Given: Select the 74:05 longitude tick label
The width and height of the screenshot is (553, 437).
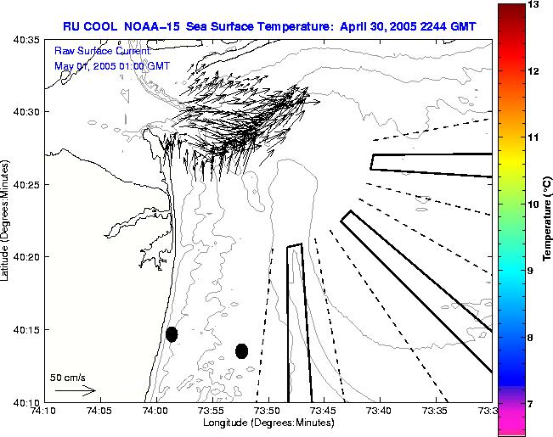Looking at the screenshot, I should [x=99, y=412].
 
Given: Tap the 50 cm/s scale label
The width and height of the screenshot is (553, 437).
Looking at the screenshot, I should [x=68, y=377].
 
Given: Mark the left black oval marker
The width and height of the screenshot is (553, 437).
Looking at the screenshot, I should [x=172, y=334].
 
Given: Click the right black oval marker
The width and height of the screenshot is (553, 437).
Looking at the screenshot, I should [x=241, y=350].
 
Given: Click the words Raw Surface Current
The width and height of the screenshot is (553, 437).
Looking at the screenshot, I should [x=91, y=51].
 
